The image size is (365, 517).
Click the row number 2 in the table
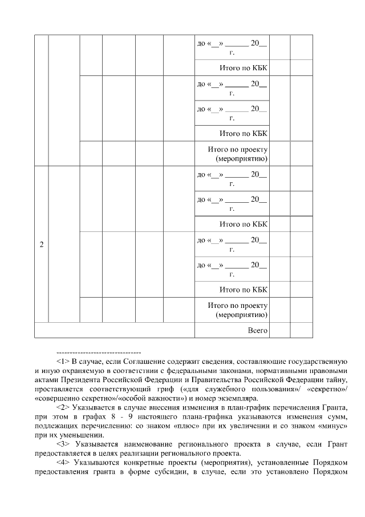[x=41, y=245]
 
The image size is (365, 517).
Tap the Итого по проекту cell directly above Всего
[x=238, y=310]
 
